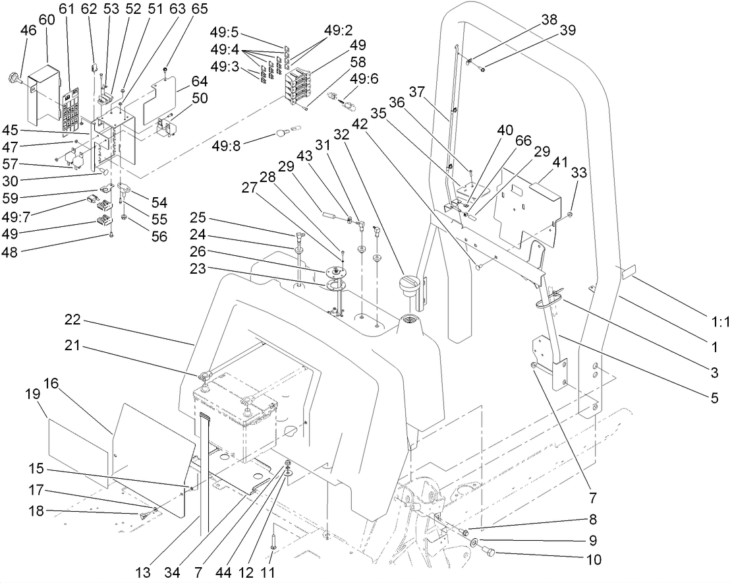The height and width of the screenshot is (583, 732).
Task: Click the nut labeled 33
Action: [571, 214]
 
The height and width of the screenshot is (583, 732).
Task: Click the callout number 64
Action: [199, 82]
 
